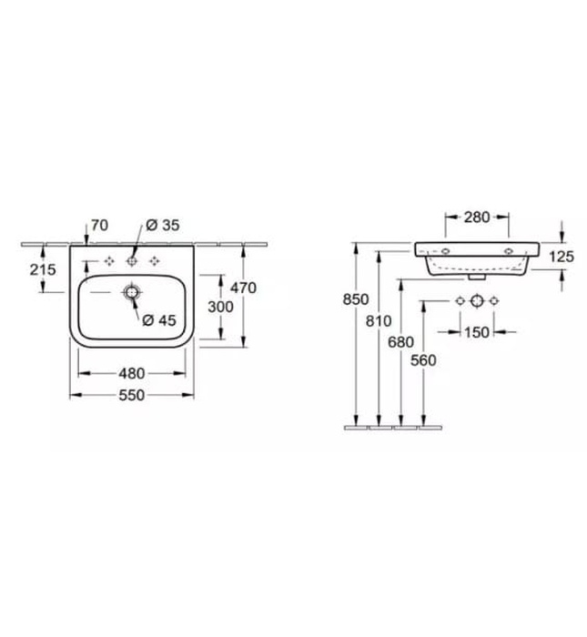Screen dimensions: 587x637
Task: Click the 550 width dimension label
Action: (x=132, y=395)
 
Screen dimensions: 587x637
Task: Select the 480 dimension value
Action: (x=132, y=374)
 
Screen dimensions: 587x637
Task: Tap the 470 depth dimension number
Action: (x=243, y=288)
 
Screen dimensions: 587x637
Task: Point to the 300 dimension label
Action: (x=220, y=307)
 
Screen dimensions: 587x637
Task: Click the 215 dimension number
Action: (x=43, y=269)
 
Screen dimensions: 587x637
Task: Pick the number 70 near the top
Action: (x=99, y=225)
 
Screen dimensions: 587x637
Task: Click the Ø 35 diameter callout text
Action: (x=163, y=225)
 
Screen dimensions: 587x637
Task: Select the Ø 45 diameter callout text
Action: (x=159, y=320)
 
